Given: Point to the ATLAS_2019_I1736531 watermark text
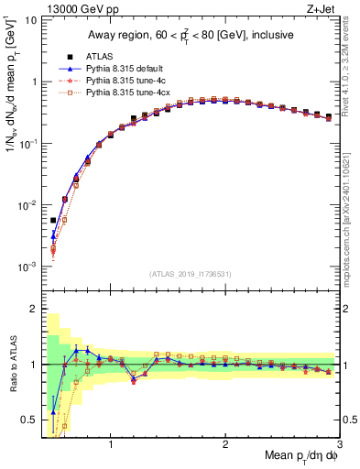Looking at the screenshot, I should point(191,274).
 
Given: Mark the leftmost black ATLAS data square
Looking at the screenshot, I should point(53,220).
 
